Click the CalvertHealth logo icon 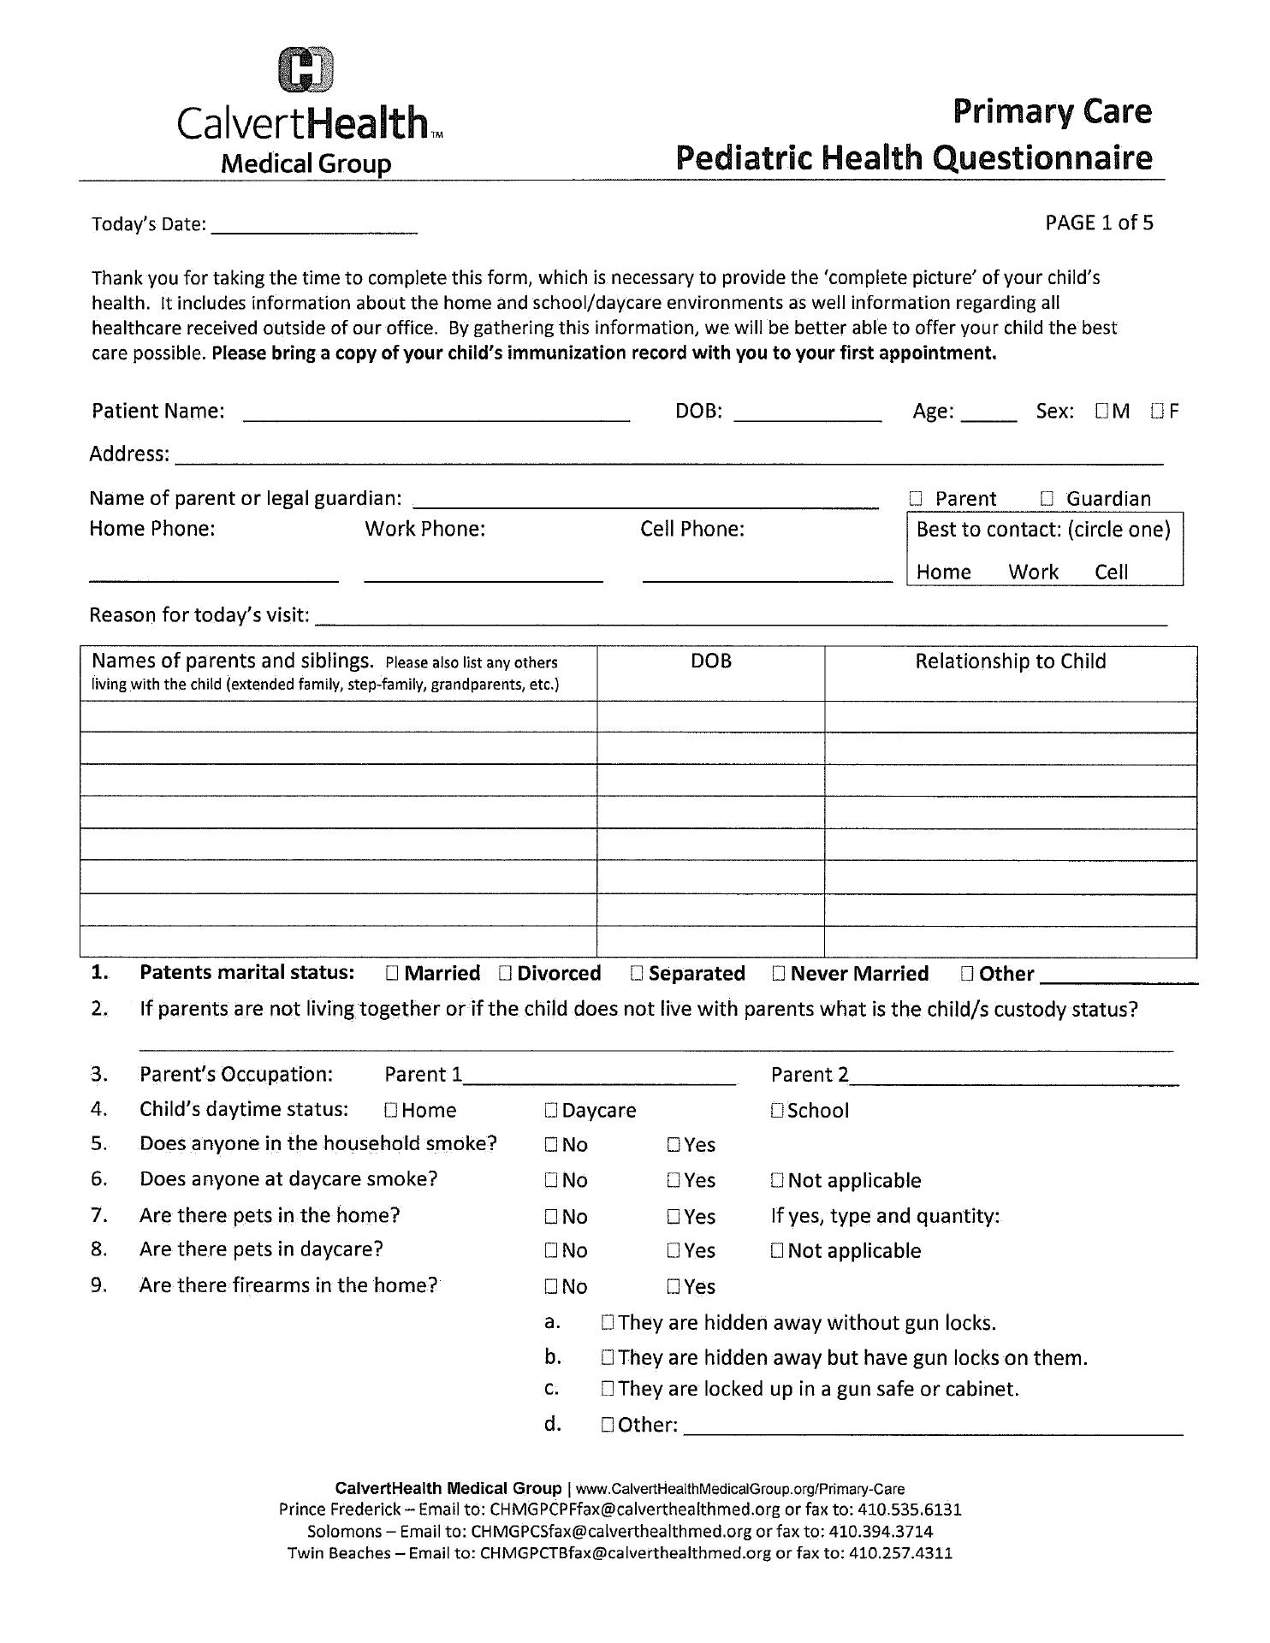(x=306, y=69)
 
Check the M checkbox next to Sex (x=1101, y=412)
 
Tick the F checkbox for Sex (x=1158, y=412)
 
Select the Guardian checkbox (x=1047, y=499)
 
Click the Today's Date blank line (x=314, y=229)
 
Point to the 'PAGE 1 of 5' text (x=1099, y=223)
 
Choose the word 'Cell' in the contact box (x=1111, y=572)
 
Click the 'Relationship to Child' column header (x=1010, y=661)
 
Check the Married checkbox (x=392, y=973)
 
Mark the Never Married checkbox (x=779, y=973)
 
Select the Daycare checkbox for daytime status (x=551, y=1111)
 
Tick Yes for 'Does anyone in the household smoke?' (x=674, y=1145)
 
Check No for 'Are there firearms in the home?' (x=551, y=1287)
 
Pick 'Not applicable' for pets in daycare (x=777, y=1251)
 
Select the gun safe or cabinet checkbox (x=608, y=1389)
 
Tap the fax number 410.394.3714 (x=881, y=1531)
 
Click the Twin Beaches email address (x=626, y=1552)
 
